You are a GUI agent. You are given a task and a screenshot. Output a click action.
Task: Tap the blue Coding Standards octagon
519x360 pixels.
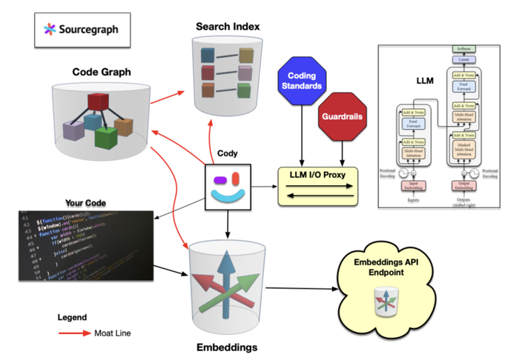(301, 82)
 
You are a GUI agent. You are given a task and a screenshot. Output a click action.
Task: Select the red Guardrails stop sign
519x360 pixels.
(343, 116)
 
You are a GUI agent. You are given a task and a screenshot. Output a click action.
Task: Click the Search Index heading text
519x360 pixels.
(228, 27)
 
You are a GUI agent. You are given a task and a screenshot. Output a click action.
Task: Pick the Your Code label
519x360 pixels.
(84, 202)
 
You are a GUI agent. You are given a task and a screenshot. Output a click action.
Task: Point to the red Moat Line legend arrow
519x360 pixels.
(75, 333)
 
